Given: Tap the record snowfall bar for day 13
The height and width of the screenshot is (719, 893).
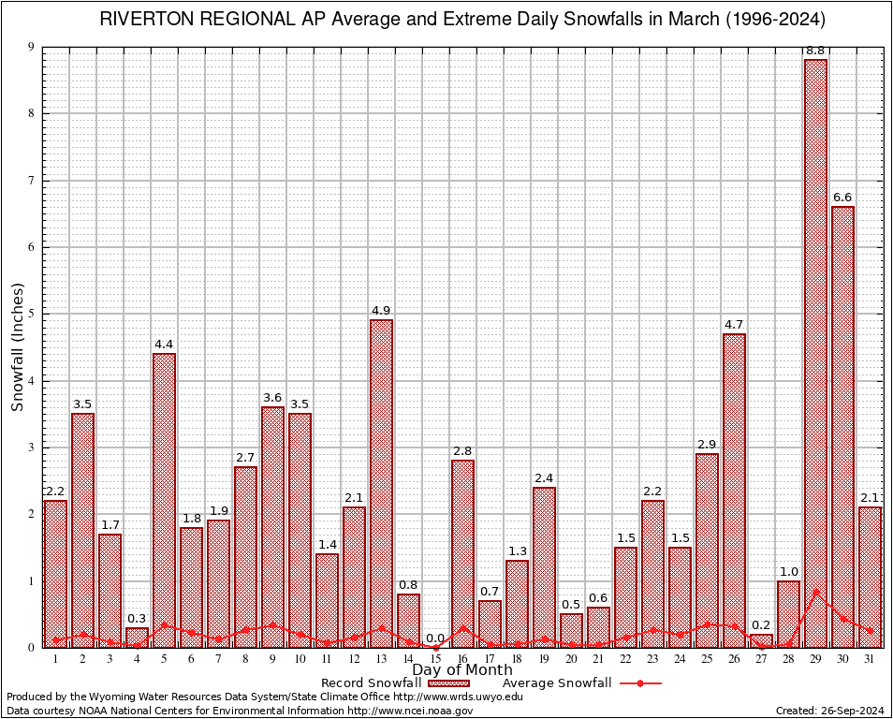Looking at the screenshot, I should click(x=381, y=483).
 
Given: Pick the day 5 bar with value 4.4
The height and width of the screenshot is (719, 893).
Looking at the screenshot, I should click(x=164, y=500).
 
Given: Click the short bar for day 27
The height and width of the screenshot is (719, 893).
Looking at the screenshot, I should click(x=761, y=640).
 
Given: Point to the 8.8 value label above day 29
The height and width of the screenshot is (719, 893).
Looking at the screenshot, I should click(x=815, y=51).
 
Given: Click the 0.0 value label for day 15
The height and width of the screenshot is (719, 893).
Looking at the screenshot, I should click(x=435, y=638).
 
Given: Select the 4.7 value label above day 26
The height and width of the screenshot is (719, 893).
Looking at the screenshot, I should click(x=734, y=325).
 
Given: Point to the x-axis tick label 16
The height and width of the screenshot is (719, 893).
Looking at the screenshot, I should click(x=462, y=659).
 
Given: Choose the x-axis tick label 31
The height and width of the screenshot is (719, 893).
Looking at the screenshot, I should click(x=870, y=659).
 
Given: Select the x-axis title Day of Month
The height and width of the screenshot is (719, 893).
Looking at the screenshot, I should click(x=461, y=670).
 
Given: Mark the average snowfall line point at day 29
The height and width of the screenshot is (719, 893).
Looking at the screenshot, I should click(x=815, y=592).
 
